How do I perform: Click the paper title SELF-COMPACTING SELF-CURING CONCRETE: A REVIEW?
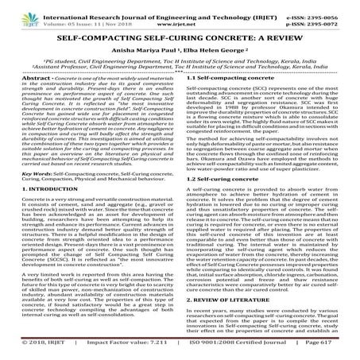(x=180, y=37)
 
